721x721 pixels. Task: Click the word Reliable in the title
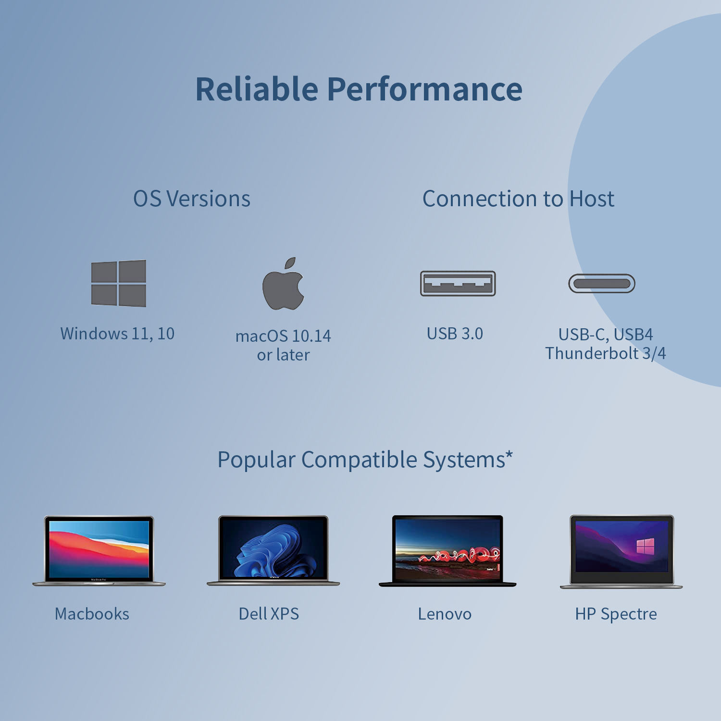(257, 89)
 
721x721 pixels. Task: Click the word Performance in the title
(425, 89)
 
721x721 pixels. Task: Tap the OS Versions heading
(192, 199)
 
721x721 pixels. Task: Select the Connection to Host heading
(518, 199)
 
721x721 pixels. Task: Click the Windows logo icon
(119, 284)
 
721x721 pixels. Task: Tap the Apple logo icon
(283, 284)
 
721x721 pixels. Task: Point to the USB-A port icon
(458, 284)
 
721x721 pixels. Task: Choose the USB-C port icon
(602, 284)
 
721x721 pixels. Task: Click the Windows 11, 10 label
(117, 334)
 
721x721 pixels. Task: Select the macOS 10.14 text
(283, 336)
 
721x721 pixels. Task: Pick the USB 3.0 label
(455, 334)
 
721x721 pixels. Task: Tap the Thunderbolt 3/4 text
(606, 353)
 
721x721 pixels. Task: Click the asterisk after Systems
(509, 454)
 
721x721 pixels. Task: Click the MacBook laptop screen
(99, 549)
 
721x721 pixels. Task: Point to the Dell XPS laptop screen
(273, 549)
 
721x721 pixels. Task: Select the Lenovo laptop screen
(448, 549)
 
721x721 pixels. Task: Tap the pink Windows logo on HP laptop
(646, 546)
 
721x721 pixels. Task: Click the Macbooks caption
(92, 614)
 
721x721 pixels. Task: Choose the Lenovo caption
(445, 614)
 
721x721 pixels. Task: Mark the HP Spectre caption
(616, 614)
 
